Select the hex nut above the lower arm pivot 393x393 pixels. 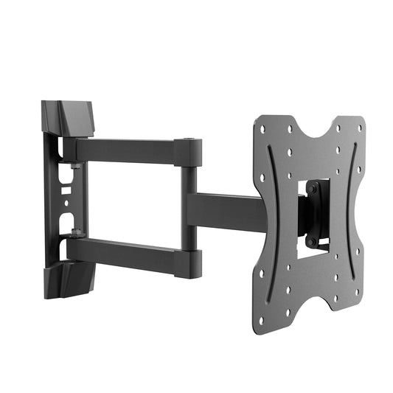pos(74,234)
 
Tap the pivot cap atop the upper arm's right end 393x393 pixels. pos(189,141)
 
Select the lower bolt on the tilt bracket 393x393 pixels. pos(311,241)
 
